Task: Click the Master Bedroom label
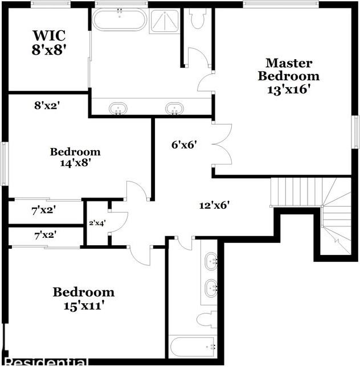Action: (x=288, y=75)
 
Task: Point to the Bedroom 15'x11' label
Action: (x=83, y=299)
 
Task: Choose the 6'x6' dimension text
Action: (x=184, y=145)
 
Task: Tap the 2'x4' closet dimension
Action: (x=97, y=223)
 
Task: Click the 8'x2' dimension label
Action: (x=47, y=105)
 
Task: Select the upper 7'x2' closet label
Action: (x=44, y=211)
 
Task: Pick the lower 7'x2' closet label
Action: (x=46, y=234)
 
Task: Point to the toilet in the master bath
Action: (x=198, y=19)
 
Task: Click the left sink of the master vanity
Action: (x=118, y=108)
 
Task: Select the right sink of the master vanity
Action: (x=174, y=108)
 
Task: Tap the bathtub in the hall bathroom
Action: (x=193, y=345)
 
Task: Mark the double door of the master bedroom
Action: (x=221, y=144)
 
